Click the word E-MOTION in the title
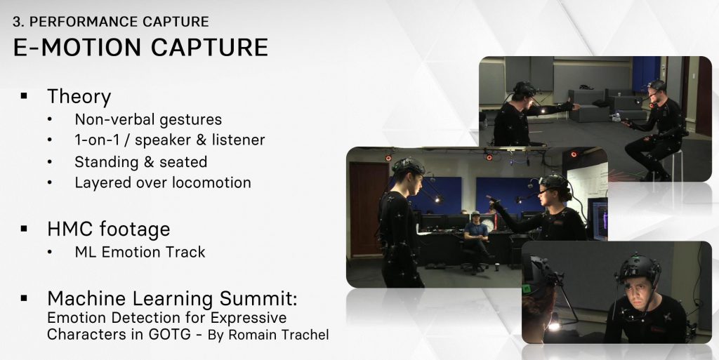[x=77, y=48]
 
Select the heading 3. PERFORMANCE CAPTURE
[x=110, y=22]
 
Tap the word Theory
[x=79, y=97]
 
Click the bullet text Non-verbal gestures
[x=148, y=119]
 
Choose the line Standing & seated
[x=140, y=161]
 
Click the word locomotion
[x=212, y=182]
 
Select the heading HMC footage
[x=109, y=229]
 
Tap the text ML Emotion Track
[x=140, y=252]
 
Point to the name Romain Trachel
[x=278, y=335]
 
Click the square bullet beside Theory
[x=24, y=95]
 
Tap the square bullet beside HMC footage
[x=24, y=228]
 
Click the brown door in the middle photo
[x=365, y=208]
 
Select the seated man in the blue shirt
[x=476, y=238]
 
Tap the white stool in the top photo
[x=672, y=164]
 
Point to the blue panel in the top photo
[x=646, y=72]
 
